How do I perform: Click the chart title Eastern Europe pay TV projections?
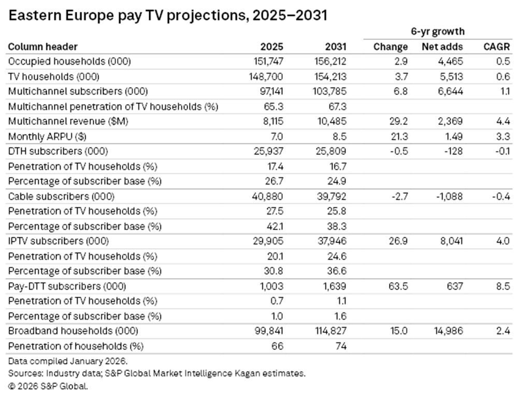[x=168, y=16]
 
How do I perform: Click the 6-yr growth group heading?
[x=438, y=32]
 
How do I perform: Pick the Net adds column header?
[x=442, y=47]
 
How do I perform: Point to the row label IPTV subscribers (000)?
[x=59, y=241]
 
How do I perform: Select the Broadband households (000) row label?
[x=71, y=331]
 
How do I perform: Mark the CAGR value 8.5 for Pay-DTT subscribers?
[x=503, y=286]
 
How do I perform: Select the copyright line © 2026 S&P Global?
[x=48, y=386]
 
